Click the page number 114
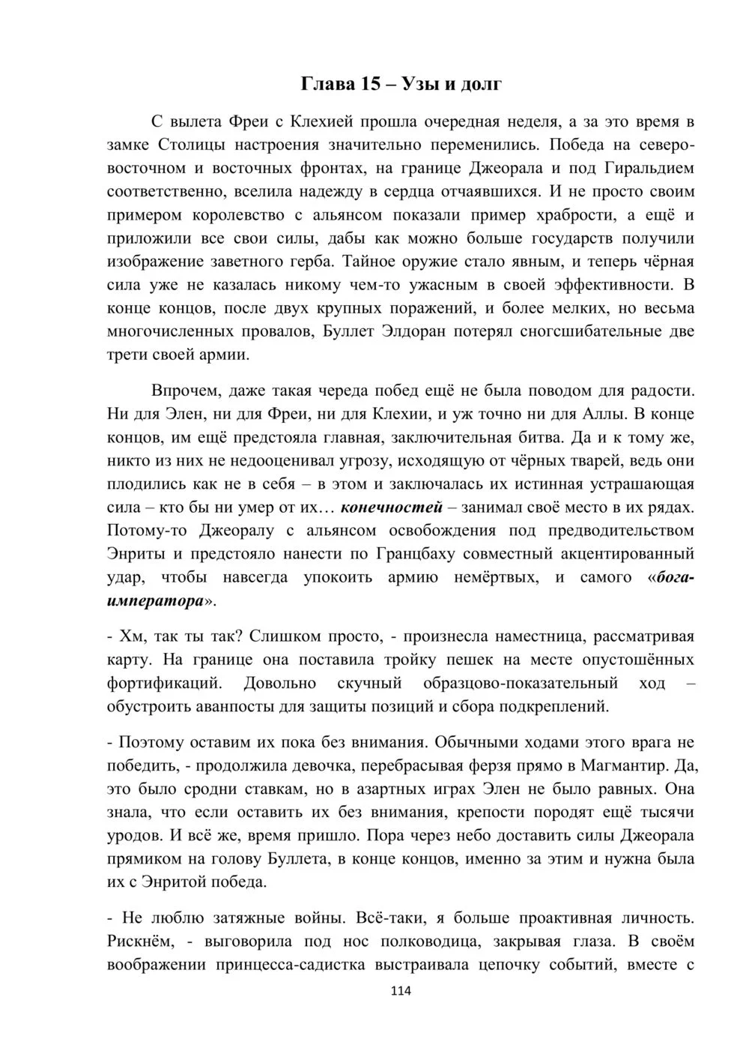click(401, 991)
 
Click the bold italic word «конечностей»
click(391, 508)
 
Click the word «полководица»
click(411, 941)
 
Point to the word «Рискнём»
click(141, 941)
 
